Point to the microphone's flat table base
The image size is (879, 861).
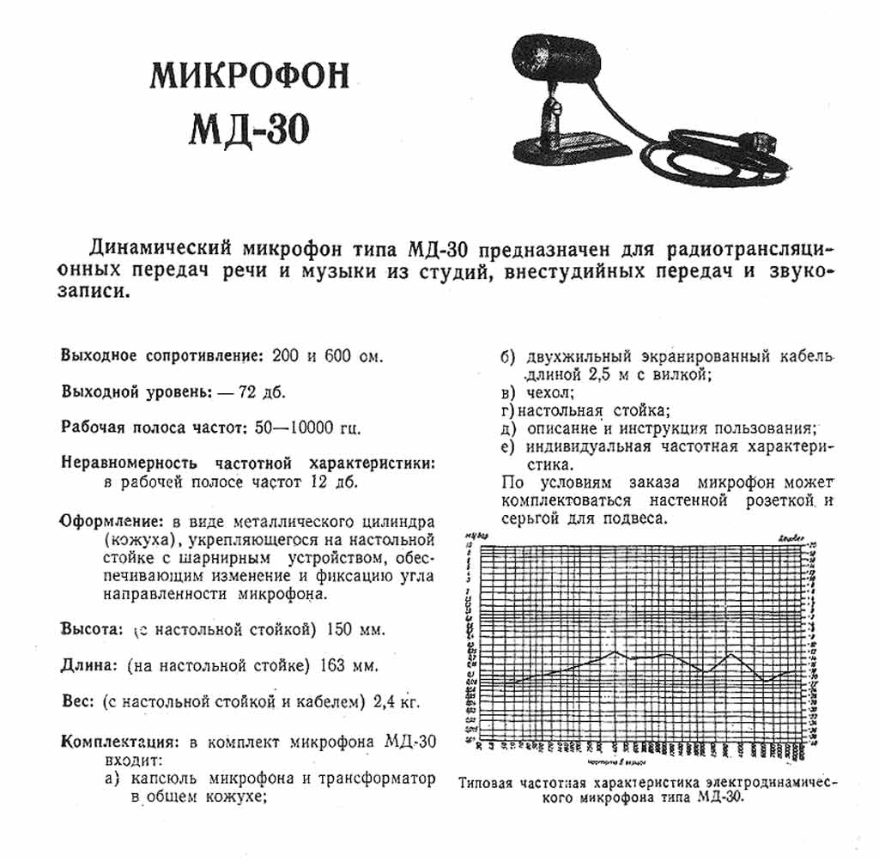[x=571, y=147]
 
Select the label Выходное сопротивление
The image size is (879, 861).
[x=160, y=355]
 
